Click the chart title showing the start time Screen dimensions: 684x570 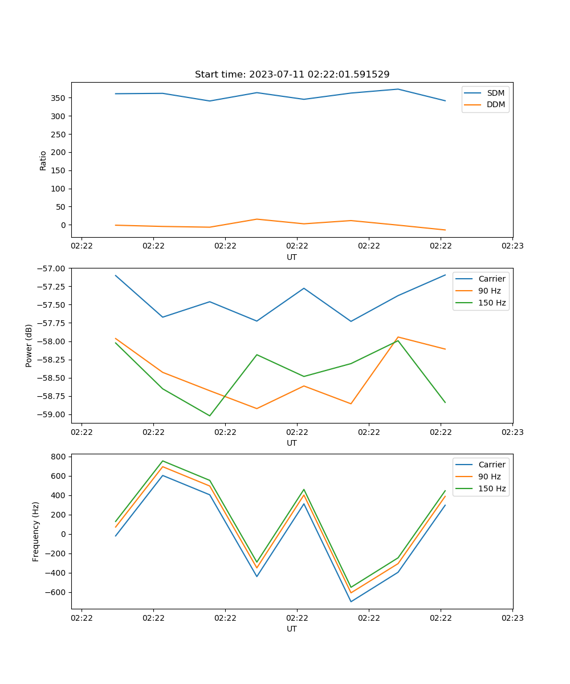[292, 75]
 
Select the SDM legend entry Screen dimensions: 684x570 [495, 93]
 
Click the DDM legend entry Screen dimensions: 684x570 [495, 104]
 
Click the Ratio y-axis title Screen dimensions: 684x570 [43, 160]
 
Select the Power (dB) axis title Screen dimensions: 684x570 [29, 345]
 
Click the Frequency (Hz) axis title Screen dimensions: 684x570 [36, 531]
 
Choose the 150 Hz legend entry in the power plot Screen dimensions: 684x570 [492, 303]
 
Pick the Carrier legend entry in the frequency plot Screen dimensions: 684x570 [491, 465]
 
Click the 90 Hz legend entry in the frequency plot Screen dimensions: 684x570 [490, 477]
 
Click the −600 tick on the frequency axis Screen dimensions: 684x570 [57, 592]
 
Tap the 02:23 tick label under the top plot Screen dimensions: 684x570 [512, 246]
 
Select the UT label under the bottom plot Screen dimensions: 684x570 [292, 629]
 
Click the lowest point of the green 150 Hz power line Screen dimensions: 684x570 [210, 416]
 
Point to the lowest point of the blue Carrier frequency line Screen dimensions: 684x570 [351, 601]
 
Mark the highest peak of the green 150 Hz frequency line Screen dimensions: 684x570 [162, 461]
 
